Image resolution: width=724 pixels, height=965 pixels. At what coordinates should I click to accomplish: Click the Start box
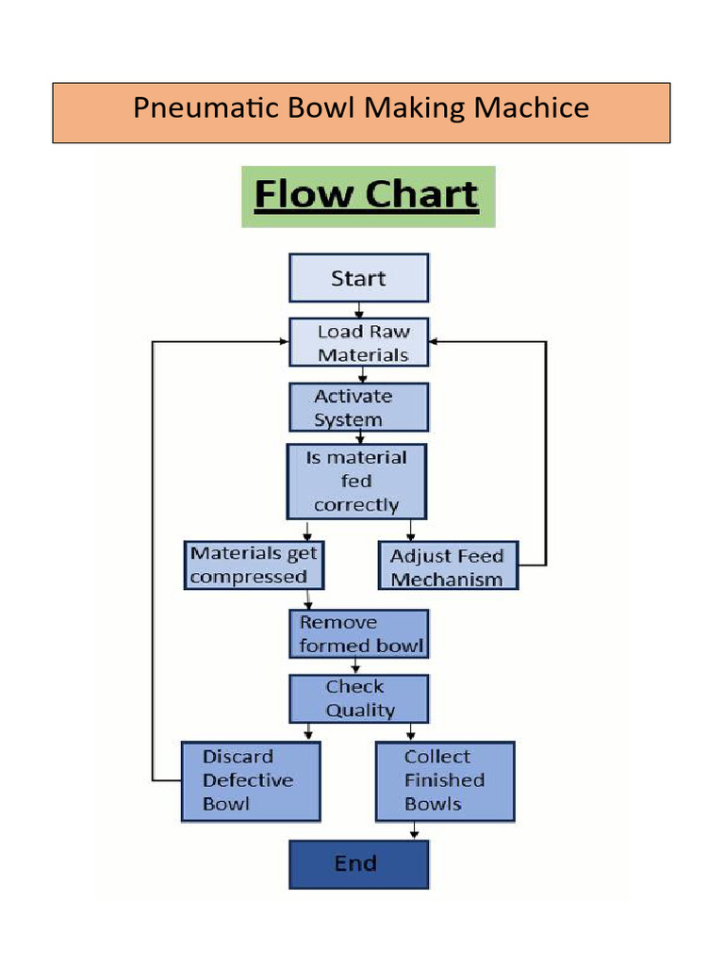click(x=358, y=278)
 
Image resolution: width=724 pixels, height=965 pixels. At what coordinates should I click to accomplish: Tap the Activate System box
click(x=358, y=407)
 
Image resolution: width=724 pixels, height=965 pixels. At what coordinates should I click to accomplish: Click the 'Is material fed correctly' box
click(x=356, y=481)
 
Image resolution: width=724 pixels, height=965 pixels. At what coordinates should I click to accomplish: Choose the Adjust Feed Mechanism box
click(x=448, y=566)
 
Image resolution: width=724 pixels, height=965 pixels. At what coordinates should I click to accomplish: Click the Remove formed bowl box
click(x=358, y=634)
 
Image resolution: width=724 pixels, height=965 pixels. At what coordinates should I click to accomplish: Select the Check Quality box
click(x=358, y=698)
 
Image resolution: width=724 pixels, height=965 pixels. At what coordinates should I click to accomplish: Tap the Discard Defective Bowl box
click(x=250, y=780)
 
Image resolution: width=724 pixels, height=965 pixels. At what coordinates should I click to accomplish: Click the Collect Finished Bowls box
click(x=445, y=780)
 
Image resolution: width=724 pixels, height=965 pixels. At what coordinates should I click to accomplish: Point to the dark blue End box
click(x=358, y=864)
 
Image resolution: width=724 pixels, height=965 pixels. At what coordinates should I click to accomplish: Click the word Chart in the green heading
click(x=422, y=195)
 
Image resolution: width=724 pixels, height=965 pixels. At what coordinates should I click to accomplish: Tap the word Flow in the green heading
click(x=302, y=195)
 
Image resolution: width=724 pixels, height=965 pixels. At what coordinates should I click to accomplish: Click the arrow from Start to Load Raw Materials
click(x=358, y=310)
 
